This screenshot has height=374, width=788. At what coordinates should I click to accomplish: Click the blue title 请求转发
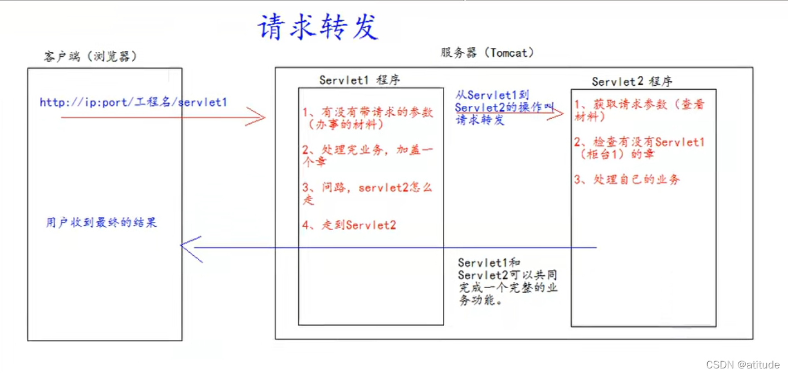(318, 27)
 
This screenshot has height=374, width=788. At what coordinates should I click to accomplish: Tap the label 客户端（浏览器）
(90, 56)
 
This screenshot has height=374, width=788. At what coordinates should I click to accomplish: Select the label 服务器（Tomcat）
(487, 53)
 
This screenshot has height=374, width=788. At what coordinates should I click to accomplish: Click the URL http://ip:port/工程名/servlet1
(133, 103)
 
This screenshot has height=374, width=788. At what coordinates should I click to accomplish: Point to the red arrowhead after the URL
(257, 117)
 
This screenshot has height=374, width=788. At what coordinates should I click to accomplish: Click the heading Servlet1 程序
(359, 80)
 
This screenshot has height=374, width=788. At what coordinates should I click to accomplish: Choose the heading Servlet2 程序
(632, 81)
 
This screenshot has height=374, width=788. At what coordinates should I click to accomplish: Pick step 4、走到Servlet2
(349, 225)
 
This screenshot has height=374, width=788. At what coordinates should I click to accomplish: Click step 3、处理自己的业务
(627, 179)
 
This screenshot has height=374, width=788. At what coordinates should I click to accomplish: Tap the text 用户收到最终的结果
(101, 222)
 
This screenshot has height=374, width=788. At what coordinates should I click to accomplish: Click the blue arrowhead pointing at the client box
(189, 248)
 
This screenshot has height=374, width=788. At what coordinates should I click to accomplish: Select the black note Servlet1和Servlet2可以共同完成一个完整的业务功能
(508, 281)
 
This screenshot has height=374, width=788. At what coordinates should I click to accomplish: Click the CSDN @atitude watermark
(743, 365)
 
